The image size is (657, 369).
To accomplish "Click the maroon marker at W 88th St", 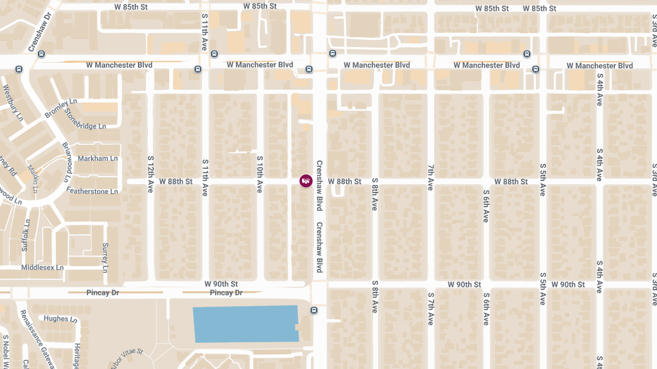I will (306, 181).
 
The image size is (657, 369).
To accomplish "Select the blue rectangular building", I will (246, 324).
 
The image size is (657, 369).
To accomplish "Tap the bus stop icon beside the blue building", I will (314, 311).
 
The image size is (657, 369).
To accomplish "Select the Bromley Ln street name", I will (61, 108).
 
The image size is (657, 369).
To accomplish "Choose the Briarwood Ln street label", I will (66, 162).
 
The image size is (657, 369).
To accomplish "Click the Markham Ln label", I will (97, 159).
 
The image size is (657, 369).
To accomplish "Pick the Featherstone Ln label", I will (92, 191).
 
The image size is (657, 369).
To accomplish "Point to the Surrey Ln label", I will (105, 257).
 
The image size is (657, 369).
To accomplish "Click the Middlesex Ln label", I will (42, 268).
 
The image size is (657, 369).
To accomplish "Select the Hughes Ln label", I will (56, 319).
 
